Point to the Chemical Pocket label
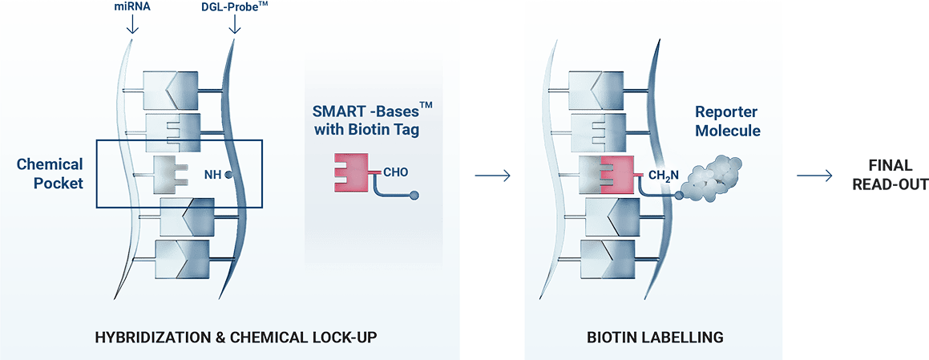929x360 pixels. click(50, 173)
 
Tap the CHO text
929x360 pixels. click(396, 171)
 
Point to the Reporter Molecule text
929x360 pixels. click(727, 120)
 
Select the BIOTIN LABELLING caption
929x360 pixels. click(653, 338)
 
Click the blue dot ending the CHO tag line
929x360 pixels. click(414, 195)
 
